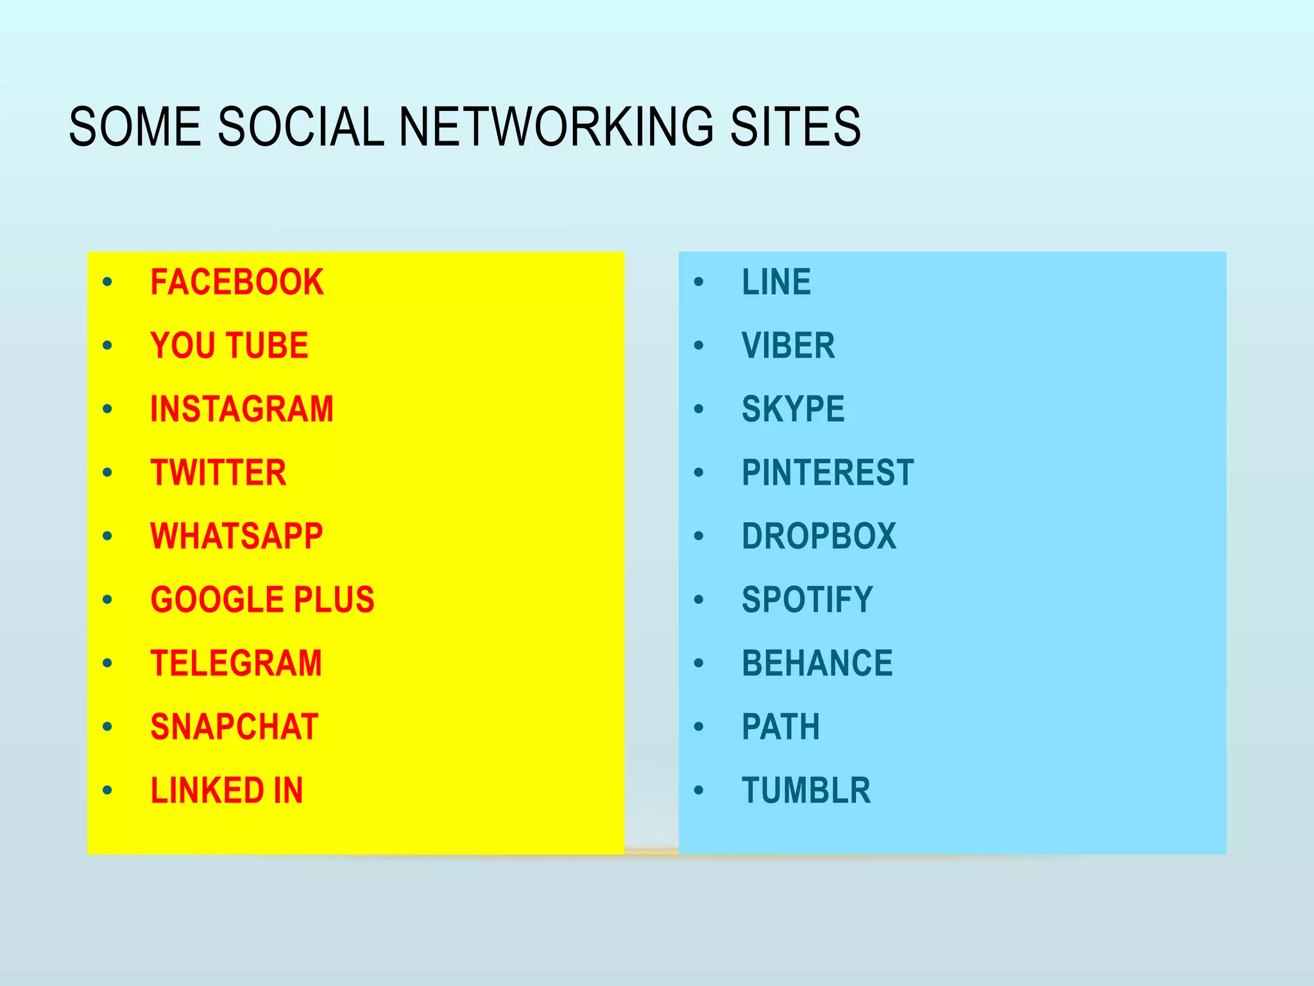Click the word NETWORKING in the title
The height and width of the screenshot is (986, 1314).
[x=556, y=126]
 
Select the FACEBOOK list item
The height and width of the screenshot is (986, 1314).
[x=237, y=282]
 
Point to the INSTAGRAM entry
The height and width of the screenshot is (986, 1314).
[x=242, y=410]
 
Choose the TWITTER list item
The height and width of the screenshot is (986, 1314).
[x=218, y=473]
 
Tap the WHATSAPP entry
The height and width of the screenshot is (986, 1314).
[x=236, y=537]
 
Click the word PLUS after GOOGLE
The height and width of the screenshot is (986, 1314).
[x=334, y=600]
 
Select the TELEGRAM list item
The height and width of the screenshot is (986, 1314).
[x=236, y=664]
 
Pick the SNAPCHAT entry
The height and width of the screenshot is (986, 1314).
[x=234, y=727]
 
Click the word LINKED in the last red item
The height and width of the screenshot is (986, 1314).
[x=207, y=791]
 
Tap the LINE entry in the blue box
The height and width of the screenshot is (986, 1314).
[x=776, y=282]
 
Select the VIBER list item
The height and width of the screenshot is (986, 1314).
[x=789, y=346]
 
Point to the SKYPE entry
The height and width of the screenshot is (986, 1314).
[x=793, y=410]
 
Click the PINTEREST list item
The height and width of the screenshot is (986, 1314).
[x=828, y=473]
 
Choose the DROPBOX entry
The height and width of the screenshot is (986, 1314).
[x=819, y=537]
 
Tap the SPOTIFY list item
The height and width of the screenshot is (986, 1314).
[x=807, y=600]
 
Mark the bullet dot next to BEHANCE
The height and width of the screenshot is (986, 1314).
[x=699, y=663]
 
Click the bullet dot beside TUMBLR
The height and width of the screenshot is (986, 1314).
[x=699, y=790]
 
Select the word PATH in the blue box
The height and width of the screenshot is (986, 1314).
[x=781, y=727]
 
